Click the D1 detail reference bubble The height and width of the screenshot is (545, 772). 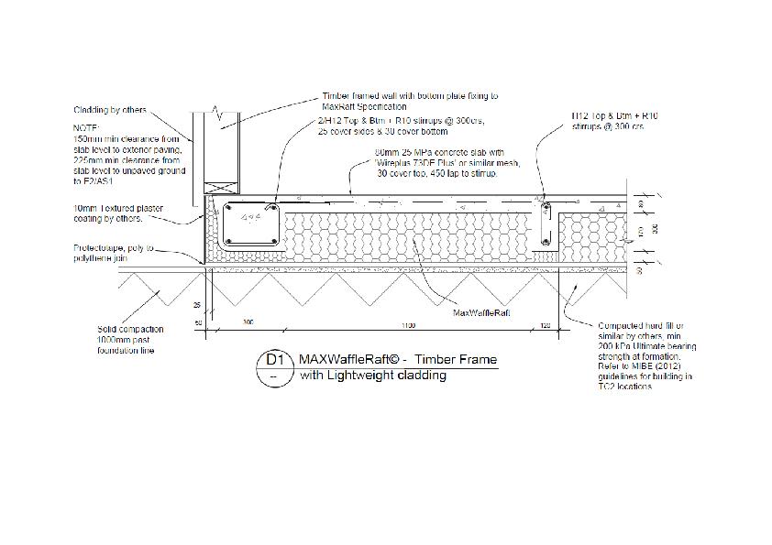coord(274,361)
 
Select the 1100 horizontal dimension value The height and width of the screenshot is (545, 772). coord(407,323)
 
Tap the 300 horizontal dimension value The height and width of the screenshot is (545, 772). coord(248,323)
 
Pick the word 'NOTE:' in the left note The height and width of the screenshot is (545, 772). coord(83,128)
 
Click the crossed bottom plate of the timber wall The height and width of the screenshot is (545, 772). coord(223,187)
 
